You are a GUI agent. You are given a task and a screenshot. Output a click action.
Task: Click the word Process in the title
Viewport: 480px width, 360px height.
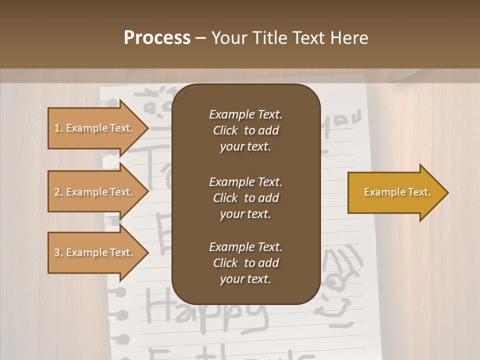(x=157, y=38)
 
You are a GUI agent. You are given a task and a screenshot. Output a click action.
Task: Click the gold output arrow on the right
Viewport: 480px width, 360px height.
(x=395, y=192)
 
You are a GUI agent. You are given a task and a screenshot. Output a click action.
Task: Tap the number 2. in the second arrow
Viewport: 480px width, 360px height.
(x=58, y=192)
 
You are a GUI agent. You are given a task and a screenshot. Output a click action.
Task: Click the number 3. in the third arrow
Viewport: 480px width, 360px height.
(x=58, y=252)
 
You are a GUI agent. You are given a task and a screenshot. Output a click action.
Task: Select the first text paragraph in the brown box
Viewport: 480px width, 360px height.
(x=245, y=130)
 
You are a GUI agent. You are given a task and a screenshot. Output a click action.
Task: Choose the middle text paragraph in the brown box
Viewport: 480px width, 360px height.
(x=245, y=197)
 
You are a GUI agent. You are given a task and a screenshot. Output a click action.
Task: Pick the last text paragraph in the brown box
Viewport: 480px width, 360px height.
(x=245, y=263)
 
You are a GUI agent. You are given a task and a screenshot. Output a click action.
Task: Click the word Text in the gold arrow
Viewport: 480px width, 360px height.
(x=418, y=192)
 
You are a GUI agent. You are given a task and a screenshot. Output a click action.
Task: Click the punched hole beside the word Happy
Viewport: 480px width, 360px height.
(x=121, y=315)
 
